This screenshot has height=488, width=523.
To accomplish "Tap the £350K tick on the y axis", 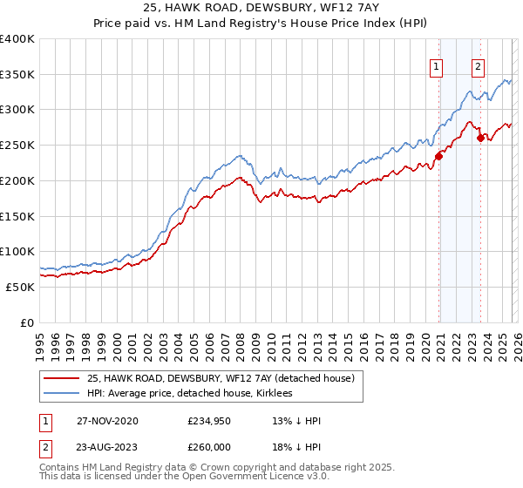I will pyautogui.click(x=17, y=74).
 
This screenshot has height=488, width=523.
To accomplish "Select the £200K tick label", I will pyautogui.click(x=17, y=180).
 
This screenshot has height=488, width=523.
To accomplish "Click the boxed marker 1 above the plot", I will pyautogui.click(x=436, y=64).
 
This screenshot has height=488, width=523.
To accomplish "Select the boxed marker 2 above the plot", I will pyautogui.click(x=479, y=64).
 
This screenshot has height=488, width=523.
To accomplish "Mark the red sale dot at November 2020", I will pyautogui.click(x=439, y=156).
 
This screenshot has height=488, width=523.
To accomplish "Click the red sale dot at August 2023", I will pyautogui.click(x=480, y=137).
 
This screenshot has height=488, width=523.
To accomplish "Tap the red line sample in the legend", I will pyautogui.click(x=62, y=379).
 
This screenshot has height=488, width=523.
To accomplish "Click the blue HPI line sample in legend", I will pyautogui.click(x=62, y=394).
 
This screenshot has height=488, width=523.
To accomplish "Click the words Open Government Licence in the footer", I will pyautogui.click(x=261, y=478).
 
